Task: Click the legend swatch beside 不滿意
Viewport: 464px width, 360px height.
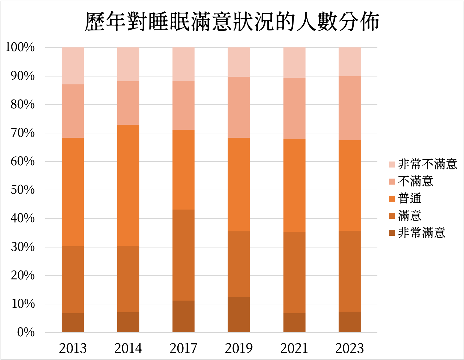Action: click(392, 181)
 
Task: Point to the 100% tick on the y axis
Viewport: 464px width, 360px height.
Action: click(20, 47)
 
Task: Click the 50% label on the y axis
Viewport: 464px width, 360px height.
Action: click(22, 190)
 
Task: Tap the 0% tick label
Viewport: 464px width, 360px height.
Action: click(26, 332)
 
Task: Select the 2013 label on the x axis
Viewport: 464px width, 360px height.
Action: click(73, 348)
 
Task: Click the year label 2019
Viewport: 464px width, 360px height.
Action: click(239, 348)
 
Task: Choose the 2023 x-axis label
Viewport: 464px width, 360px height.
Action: click(350, 348)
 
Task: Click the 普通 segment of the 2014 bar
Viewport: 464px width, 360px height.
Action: click(128, 185)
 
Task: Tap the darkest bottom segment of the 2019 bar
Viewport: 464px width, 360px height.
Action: click(239, 314)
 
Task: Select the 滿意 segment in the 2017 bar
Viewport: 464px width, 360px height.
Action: click(183, 255)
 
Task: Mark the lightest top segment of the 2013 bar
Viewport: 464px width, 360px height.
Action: click(73, 66)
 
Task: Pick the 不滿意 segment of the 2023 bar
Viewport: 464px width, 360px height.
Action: click(350, 108)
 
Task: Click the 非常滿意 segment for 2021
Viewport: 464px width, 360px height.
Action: click(294, 323)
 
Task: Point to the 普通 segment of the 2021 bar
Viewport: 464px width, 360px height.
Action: click(294, 185)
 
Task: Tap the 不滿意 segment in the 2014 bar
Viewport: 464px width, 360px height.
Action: click(128, 103)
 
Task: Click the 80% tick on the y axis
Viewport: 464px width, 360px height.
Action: click(22, 105)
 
